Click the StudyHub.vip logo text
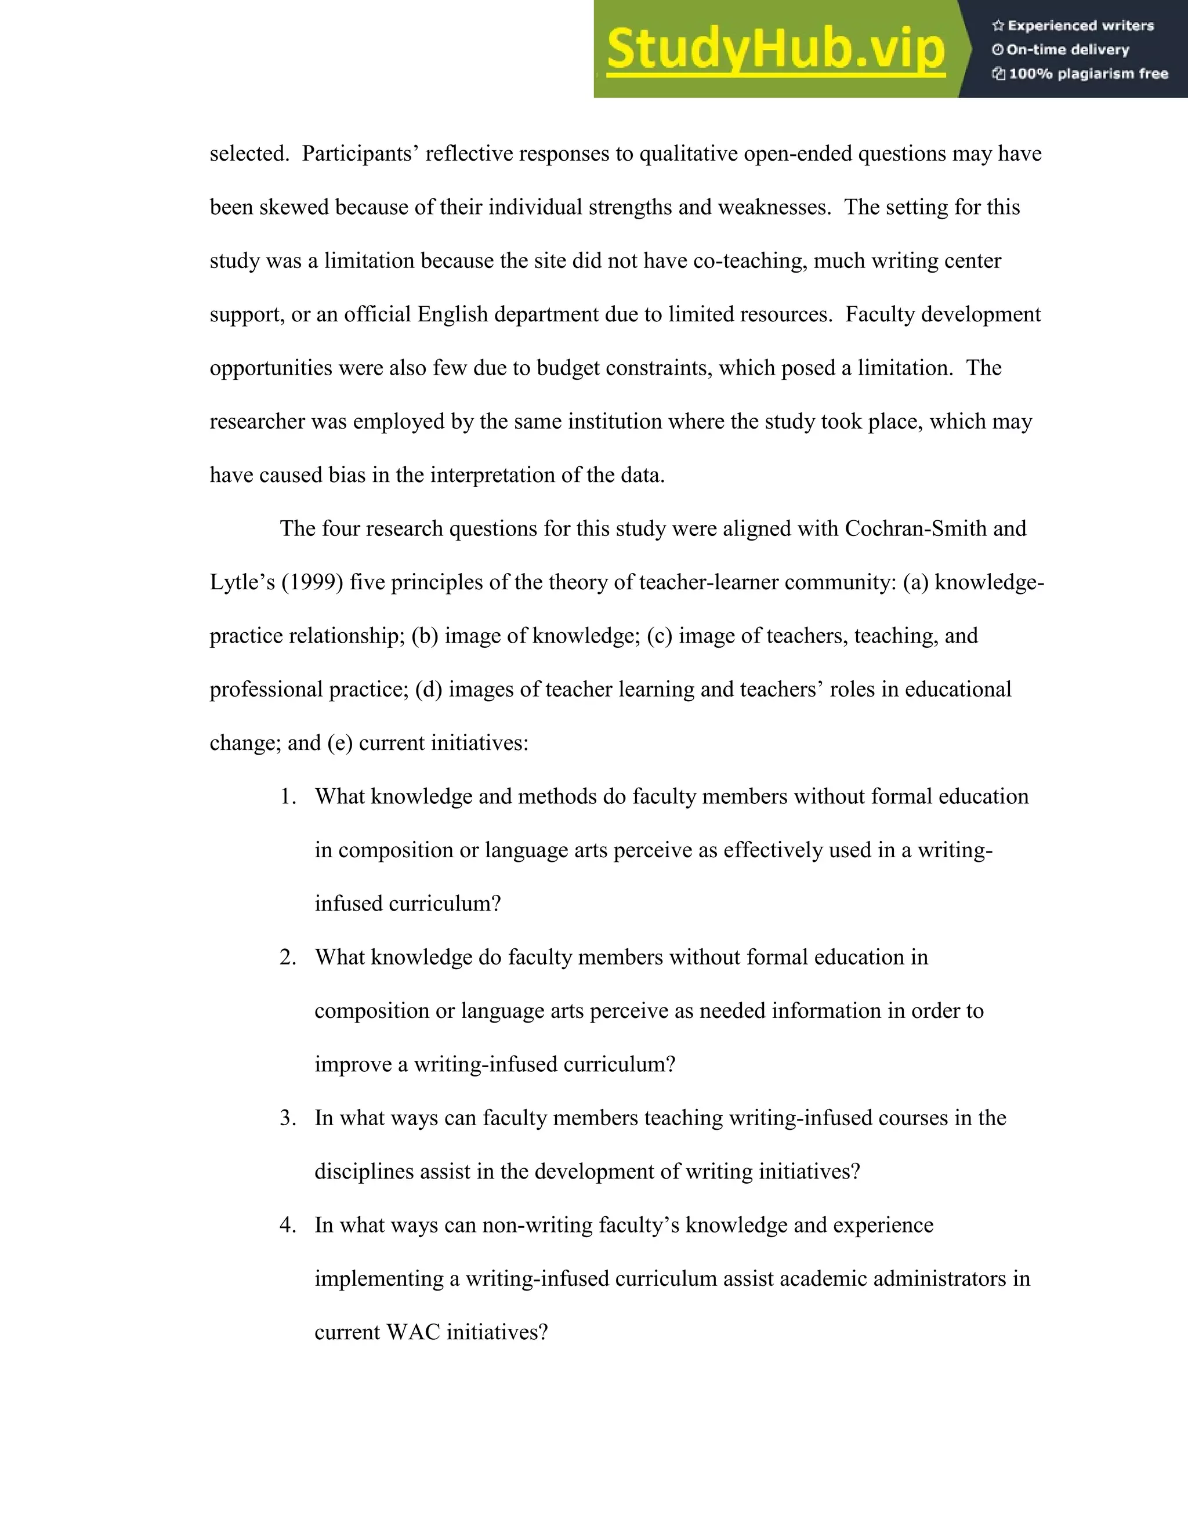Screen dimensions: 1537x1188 coord(776,49)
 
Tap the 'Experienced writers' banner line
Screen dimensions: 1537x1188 coord(1073,26)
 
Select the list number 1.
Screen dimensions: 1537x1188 coord(287,797)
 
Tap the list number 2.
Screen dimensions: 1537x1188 coord(287,958)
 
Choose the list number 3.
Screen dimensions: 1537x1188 coord(287,1118)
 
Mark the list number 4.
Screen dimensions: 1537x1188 coord(287,1225)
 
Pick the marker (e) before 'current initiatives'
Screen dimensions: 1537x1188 coord(339,743)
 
